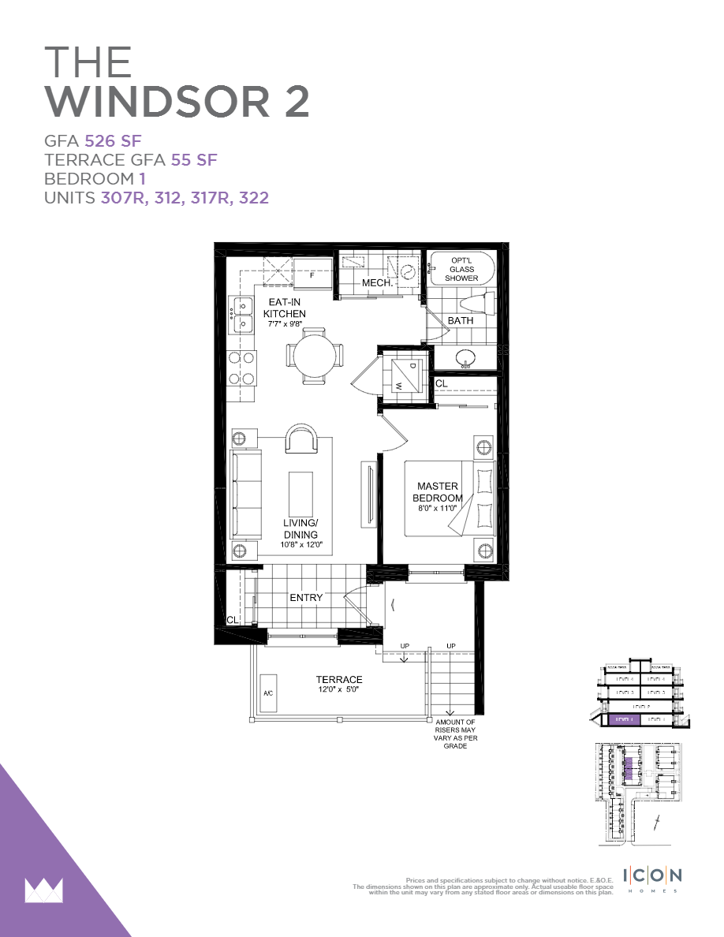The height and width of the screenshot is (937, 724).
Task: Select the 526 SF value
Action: (113, 142)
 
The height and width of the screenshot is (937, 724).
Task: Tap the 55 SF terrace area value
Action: (194, 160)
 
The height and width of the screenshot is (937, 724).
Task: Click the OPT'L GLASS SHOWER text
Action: (461, 270)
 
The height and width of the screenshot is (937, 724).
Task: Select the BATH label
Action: (461, 321)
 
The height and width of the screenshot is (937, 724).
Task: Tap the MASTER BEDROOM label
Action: (439, 492)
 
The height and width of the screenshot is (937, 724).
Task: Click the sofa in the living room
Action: (246, 494)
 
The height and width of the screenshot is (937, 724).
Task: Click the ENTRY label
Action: (306, 598)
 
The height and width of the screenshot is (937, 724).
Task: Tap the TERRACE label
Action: (339, 680)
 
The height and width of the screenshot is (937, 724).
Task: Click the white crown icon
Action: (44, 890)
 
